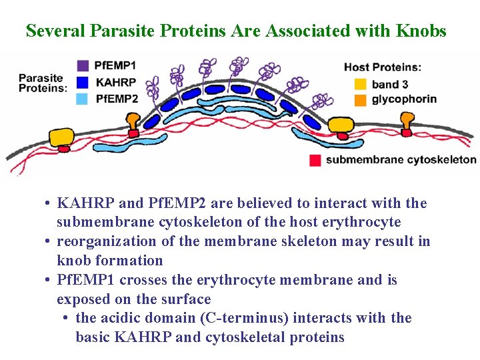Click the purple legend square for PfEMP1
(83, 65)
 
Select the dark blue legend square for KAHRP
(83, 82)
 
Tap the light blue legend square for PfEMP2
(83, 99)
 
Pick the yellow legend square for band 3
(361, 84)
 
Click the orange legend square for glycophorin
(361, 99)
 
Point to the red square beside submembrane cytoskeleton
(315, 160)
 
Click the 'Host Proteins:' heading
(382, 67)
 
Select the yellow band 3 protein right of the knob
(341, 124)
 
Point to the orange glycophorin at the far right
(407, 121)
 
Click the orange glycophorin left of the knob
(133, 121)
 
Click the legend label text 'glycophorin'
(404, 99)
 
